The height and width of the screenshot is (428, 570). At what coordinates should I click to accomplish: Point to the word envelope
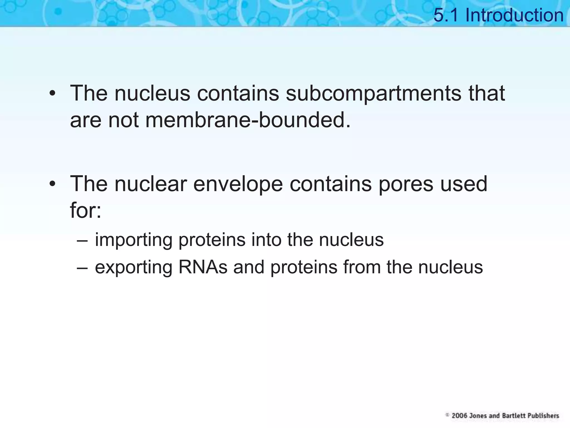238,184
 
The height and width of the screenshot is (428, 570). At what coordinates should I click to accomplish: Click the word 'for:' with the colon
85,210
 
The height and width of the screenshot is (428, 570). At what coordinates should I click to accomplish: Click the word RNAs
203,267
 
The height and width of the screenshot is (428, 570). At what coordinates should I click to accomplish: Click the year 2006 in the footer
459,416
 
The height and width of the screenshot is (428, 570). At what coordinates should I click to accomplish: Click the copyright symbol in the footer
448,415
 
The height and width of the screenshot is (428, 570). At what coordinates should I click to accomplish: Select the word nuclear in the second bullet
151,184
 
